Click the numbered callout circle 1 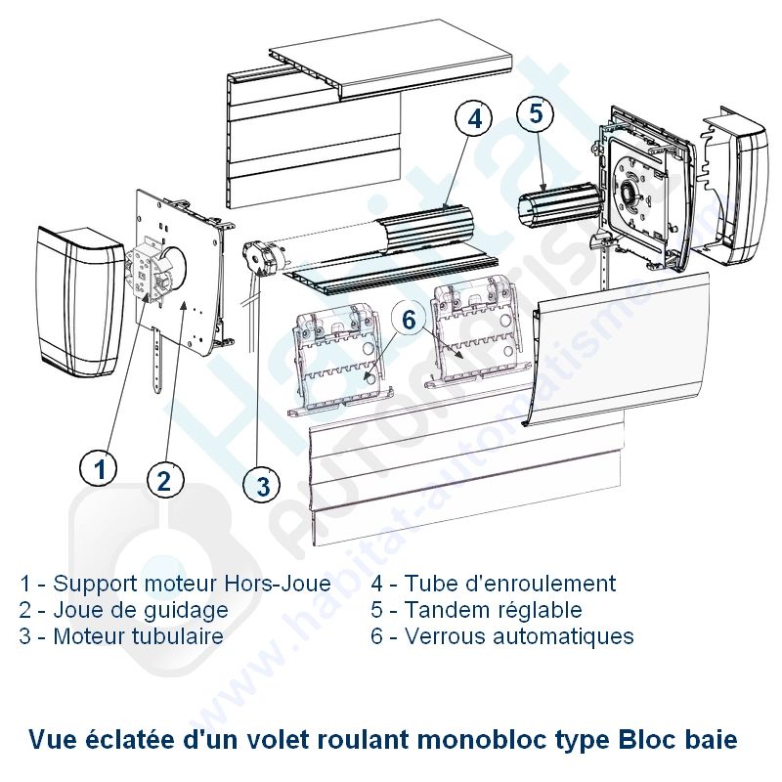click(99, 470)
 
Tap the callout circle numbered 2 click(164, 480)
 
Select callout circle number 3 click(262, 484)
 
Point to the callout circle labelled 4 click(474, 119)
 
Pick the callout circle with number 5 click(536, 113)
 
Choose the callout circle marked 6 click(409, 320)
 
